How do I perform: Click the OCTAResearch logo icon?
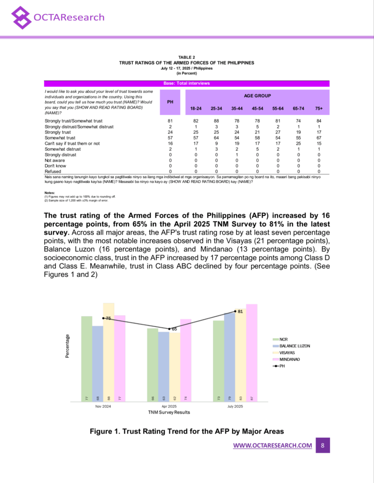pyautogui.click(x=22, y=18)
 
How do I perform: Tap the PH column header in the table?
pyautogui.click(x=170, y=101)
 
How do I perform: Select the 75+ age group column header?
pyautogui.click(x=319, y=108)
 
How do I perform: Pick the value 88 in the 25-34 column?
pyautogui.click(x=216, y=121)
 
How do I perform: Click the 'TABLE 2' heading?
pyautogui.click(x=187, y=58)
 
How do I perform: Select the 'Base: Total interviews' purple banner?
pyautogui.click(x=187, y=83)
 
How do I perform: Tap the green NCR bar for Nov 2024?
pyautogui.click(x=86, y=358)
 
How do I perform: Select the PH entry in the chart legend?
pyautogui.click(x=283, y=366)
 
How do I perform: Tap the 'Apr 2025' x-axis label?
pyautogui.click(x=169, y=406)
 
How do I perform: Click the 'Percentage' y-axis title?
pyautogui.click(x=67, y=346)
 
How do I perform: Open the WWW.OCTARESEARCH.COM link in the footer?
pyautogui.click(x=273, y=445)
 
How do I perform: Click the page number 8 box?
pyautogui.click(x=323, y=445)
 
